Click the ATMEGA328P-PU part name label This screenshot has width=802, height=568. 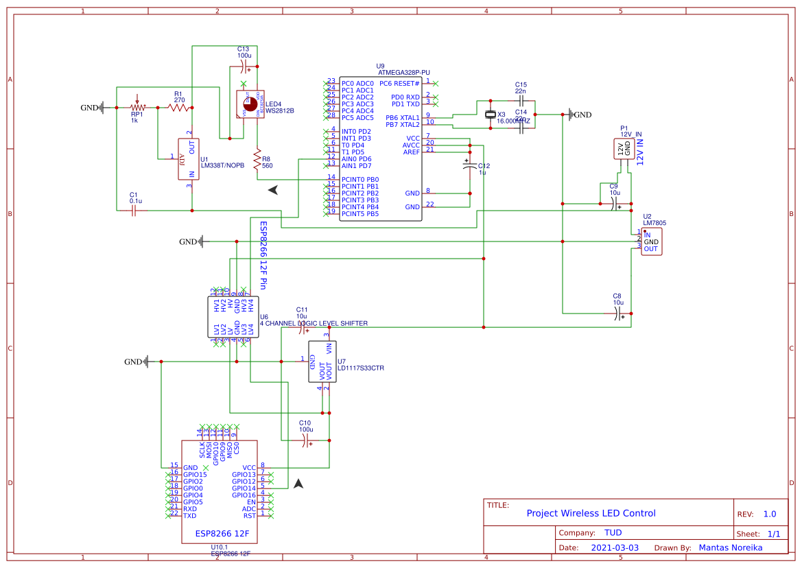point(403,72)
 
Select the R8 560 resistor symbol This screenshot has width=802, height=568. point(257,161)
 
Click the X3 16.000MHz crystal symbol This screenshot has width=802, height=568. point(490,115)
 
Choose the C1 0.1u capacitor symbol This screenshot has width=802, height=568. point(135,211)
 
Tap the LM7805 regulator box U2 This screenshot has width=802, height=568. point(651,241)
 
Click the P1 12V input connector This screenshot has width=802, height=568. point(624,149)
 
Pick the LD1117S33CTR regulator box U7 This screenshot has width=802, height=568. point(322,361)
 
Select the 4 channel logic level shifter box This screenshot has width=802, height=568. point(234,317)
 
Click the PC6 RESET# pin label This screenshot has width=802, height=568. point(399,83)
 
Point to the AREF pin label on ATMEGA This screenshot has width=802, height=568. point(411,152)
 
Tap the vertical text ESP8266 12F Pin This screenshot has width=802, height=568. point(262,255)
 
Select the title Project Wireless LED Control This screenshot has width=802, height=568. point(591,513)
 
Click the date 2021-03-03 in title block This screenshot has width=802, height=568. point(614,547)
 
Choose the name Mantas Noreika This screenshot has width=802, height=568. point(730,547)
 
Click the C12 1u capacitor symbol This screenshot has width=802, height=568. point(469,166)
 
